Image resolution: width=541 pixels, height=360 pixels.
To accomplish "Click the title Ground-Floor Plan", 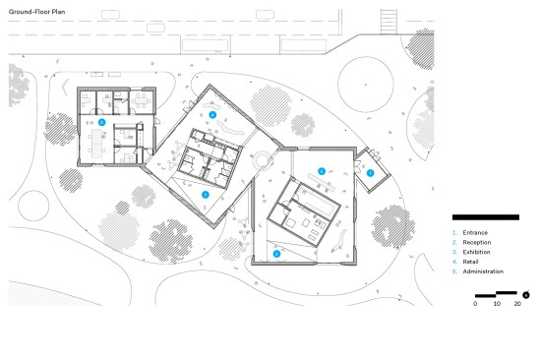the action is pyautogui.click(x=37, y=12).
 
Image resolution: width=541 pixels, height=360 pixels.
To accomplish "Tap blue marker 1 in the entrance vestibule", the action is pyautogui.click(x=370, y=173).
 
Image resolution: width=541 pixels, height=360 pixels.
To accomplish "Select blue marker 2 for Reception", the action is pyautogui.click(x=322, y=171).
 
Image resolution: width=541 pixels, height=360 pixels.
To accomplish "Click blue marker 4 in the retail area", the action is pyautogui.click(x=212, y=115).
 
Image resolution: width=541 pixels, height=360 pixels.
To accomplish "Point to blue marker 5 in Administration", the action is pyautogui.click(x=101, y=122).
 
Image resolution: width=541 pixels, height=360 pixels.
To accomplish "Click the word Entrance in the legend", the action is pyautogui.click(x=475, y=233).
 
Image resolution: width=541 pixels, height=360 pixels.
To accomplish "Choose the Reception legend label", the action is pyautogui.click(x=477, y=243).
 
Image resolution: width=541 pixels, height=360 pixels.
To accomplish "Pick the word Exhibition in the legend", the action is pyautogui.click(x=476, y=253).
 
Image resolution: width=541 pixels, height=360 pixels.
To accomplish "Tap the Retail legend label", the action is pyautogui.click(x=470, y=262).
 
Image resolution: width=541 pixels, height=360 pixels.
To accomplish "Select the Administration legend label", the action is pyautogui.click(x=483, y=271).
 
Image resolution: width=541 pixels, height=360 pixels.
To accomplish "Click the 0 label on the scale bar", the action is pyautogui.click(x=475, y=304).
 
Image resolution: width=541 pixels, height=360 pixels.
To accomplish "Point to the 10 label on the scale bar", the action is pyautogui.click(x=497, y=304).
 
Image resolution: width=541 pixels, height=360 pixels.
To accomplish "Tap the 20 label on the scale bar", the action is pyautogui.click(x=517, y=304).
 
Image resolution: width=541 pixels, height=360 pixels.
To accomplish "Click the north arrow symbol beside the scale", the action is pyautogui.click(x=526, y=295).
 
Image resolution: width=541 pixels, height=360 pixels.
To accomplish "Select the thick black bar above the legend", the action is pyautogui.click(x=486, y=217).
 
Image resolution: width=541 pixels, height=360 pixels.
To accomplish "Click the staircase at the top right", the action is pyautogui.click(x=389, y=22).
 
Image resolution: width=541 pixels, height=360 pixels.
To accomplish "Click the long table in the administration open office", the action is pyautogui.click(x=96, y=144).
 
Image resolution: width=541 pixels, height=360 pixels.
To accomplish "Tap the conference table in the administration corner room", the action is pyautogui.click(x=142, y=101).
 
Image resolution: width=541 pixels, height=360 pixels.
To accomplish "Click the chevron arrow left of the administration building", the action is pyautogui.click(x=65, y=88).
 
